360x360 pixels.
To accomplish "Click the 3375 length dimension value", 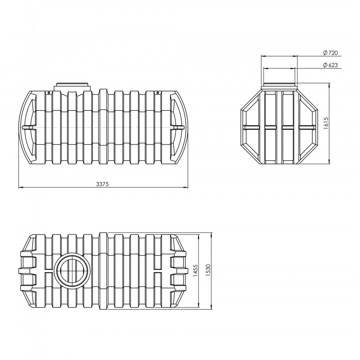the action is pyautogui.click(x=103, y=184).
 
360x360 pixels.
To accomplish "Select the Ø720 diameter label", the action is pyautogui.click(x=331, y=53).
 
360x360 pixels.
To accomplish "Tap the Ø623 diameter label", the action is pyautogui.click(x=331, y=65).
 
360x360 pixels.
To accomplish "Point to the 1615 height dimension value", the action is pyautogui.click(x=326, y=123).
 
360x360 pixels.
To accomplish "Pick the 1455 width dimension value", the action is pyautogui.click(x=195, y=271).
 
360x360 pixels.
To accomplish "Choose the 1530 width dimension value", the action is pyautogui.click(x=208, y=270).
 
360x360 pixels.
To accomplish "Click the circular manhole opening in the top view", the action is pyautogui.click(x=73, y=270).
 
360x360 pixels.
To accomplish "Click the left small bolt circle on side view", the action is pyautogui.click(x=49, y=93).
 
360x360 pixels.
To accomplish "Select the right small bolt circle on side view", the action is pyautogui.click(x=158, y=93).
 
